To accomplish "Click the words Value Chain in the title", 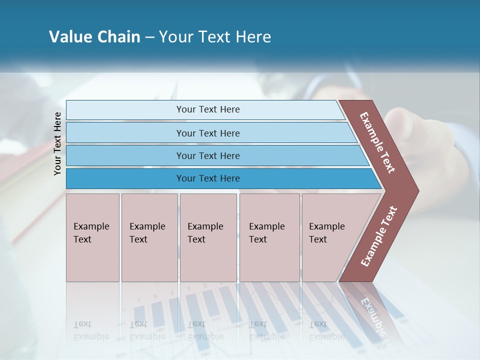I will coord(94,37).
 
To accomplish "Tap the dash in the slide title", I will coord(149,37).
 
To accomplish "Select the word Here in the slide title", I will coord(253,37).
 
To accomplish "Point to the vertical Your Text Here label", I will coord(57,143).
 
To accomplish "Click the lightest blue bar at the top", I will coord(207,109).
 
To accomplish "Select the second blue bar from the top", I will coord(207,133).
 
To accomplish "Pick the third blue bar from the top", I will coord(207,155).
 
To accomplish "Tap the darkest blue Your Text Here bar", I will coord(207,178).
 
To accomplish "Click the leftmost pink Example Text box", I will coord(92,237).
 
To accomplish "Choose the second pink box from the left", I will coord(149,237).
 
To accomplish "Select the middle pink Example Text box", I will coord(208,237).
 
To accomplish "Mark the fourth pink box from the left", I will coord(269,237).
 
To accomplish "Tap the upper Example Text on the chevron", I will coord(377,142).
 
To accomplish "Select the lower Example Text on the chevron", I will coord(379,236).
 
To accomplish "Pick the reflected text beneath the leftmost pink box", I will coord(91,330).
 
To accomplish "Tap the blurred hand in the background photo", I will coord(430,145).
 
